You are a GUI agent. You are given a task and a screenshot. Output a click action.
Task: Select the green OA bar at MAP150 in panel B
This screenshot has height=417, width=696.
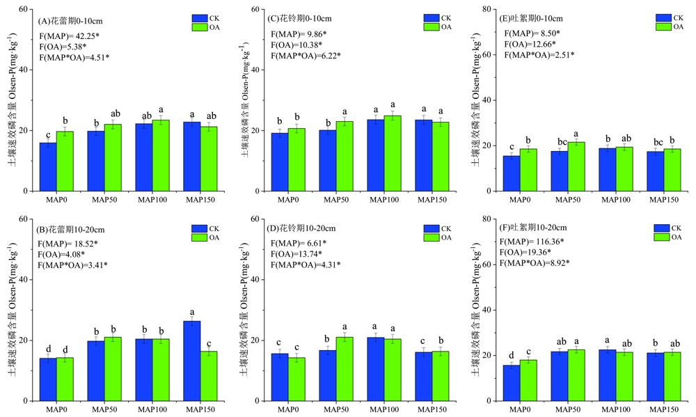(208, 376)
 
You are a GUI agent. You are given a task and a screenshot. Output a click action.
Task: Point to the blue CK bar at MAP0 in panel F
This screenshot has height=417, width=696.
(512, 383)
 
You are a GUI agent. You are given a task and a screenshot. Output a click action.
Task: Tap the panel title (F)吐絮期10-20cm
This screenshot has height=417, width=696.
(537, 228)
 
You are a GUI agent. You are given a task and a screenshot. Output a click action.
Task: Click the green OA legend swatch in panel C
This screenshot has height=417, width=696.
(431, 27)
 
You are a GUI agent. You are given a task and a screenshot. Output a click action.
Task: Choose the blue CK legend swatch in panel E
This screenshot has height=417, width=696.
(663, 18)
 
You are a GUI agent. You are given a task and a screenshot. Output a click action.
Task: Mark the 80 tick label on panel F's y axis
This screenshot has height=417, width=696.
(490, 219)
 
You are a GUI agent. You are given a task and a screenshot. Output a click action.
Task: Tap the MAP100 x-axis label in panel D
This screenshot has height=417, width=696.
(384, 410)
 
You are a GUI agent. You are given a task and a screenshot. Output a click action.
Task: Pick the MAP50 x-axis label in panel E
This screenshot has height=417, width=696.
(569, 200)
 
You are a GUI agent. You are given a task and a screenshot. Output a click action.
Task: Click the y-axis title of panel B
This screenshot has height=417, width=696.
(12, 310)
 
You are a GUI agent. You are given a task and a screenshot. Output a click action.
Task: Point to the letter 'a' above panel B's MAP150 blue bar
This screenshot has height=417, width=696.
(191, 313)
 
